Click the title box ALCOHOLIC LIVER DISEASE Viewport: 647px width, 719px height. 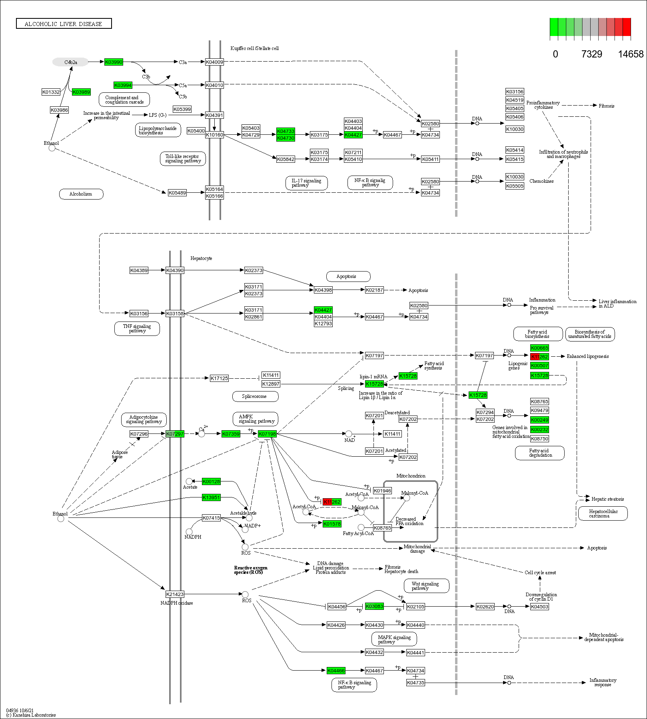coord(64,24)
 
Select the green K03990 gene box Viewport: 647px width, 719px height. coord(114,62)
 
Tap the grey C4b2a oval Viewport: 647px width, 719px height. coord(70,62)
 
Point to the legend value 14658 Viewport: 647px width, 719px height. coord(631,54)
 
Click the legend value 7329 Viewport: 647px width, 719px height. coord(591,54)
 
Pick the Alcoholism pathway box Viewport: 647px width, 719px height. coord(81,194)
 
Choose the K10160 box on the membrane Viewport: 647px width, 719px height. coord(214,135)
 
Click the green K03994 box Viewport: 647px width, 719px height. coord(123,85)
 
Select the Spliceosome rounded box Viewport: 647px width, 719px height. coord(255,396)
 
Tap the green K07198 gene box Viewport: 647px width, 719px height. coord(267,434)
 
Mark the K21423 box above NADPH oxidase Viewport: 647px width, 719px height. coord(175,594)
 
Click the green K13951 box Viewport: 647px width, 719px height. coord(211,497)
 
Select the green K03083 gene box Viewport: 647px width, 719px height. coord(374,606)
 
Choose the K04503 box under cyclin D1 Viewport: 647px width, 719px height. coord(539,607)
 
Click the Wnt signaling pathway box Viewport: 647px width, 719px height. coord(425,586)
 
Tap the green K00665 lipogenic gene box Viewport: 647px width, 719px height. coord(539,348)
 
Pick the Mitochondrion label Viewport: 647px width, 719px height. coord(411,476)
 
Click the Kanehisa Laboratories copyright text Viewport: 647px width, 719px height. coord(31,715)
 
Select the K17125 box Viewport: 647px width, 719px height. coord(219,378)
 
